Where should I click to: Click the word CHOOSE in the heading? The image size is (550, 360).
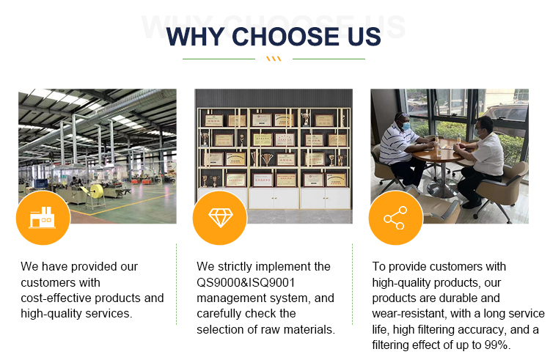click(286, 37)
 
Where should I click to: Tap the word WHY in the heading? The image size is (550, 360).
click(196, 37)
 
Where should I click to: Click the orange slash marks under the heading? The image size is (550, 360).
click(274, 59)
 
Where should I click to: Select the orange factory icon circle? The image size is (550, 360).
click(43, 218)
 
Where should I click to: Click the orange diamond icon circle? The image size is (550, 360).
click(220, 218)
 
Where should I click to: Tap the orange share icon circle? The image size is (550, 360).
click(396, 218)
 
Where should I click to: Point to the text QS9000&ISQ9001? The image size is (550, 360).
click(246, 282)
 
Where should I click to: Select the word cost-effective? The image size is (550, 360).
click(56, 298)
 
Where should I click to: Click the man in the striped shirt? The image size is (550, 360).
click(403, 151)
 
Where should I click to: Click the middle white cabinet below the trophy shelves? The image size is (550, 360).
click(274, 199)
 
